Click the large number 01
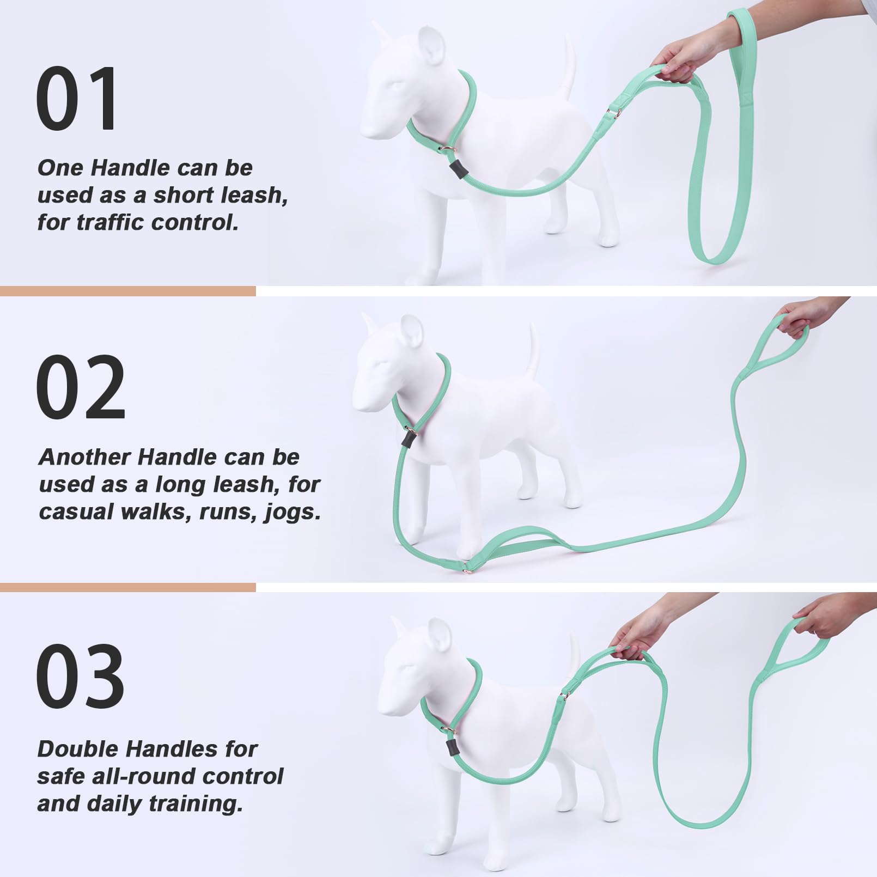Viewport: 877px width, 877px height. [76, 99]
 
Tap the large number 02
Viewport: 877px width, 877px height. [81, 387]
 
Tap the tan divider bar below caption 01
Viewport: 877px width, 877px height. [127, 291]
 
